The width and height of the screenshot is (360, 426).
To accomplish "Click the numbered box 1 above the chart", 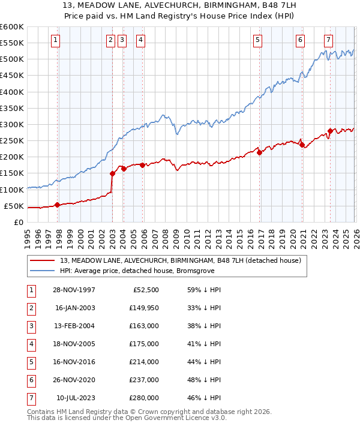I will click(55, 40).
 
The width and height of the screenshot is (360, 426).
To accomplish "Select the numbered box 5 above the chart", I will click(257, 40).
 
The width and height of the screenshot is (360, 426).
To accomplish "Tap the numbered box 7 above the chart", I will click(328, 40).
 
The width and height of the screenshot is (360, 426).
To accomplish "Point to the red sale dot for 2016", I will click(259, 152).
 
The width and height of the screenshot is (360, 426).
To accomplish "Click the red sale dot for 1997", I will click(58, 205).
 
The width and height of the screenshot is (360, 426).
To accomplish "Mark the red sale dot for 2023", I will click(330, 131).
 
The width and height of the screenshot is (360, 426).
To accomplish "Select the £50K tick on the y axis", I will click(14, 206).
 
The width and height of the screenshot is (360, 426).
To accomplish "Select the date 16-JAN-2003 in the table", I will click(75, 308).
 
